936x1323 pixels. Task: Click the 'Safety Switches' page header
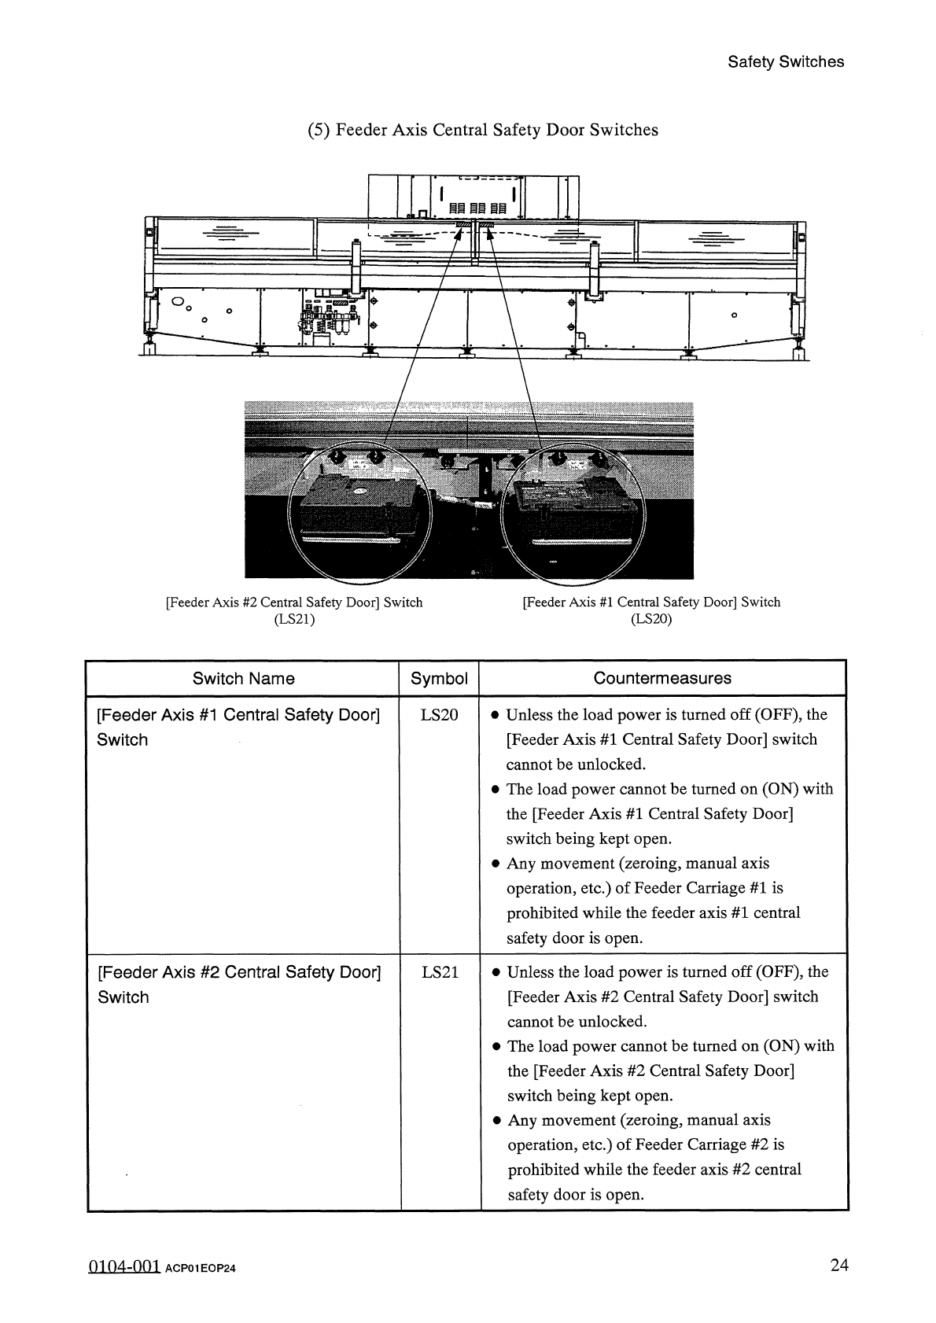[785, 62]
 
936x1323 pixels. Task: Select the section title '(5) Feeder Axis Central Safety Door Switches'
[482, 130]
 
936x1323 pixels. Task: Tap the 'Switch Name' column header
[243, 679]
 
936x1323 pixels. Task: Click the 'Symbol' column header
[439, 679]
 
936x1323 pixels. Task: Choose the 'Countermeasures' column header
[662, 678]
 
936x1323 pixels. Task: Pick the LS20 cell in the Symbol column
[439, 715]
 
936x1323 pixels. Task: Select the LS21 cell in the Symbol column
[440, 972]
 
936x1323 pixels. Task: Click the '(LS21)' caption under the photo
[293, 619]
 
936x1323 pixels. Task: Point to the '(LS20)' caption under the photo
[651, 619]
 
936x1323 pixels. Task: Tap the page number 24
[839, 1266]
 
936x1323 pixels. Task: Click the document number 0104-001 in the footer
[124, 1267]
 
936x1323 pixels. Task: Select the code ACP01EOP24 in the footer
[201, 1269]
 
